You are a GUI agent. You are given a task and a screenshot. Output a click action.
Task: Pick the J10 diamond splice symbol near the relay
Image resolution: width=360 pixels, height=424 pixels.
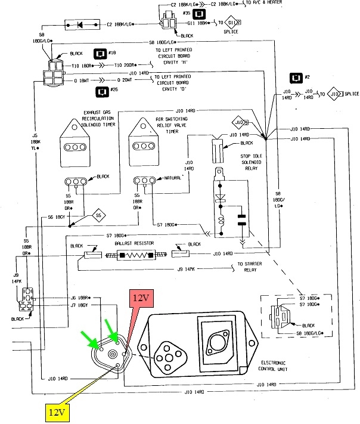(x=240, y=123)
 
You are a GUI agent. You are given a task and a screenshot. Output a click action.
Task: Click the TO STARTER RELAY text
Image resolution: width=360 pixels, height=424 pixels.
(x=254, y=267)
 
